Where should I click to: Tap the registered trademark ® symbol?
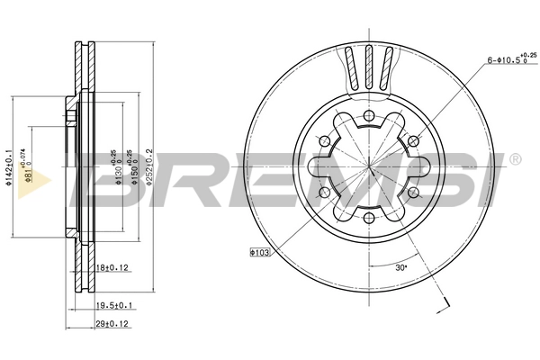pos(514,158)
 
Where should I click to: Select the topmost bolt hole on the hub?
pos(369,114)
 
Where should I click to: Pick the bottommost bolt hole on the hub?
pos(369,219)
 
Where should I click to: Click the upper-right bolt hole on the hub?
pos(414,140)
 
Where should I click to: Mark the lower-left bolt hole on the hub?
pos(324,193)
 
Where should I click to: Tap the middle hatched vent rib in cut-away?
pos(369,67)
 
